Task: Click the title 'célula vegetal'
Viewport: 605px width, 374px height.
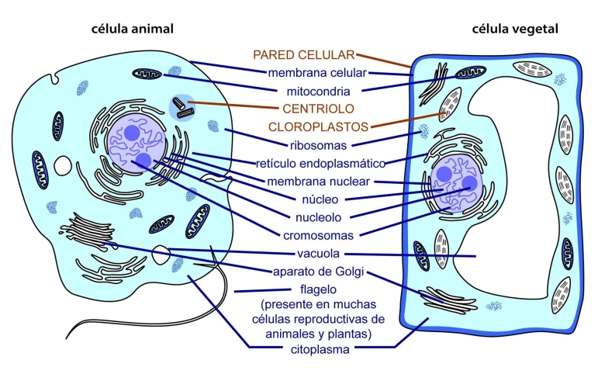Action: pos(515,29)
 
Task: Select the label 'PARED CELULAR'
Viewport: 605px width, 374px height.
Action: pos(303,55)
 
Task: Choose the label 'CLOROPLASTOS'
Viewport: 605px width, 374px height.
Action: pos(318,126)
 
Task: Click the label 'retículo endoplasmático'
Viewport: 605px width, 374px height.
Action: pos(320,163)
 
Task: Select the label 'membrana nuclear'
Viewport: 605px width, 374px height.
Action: pos(317,182)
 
